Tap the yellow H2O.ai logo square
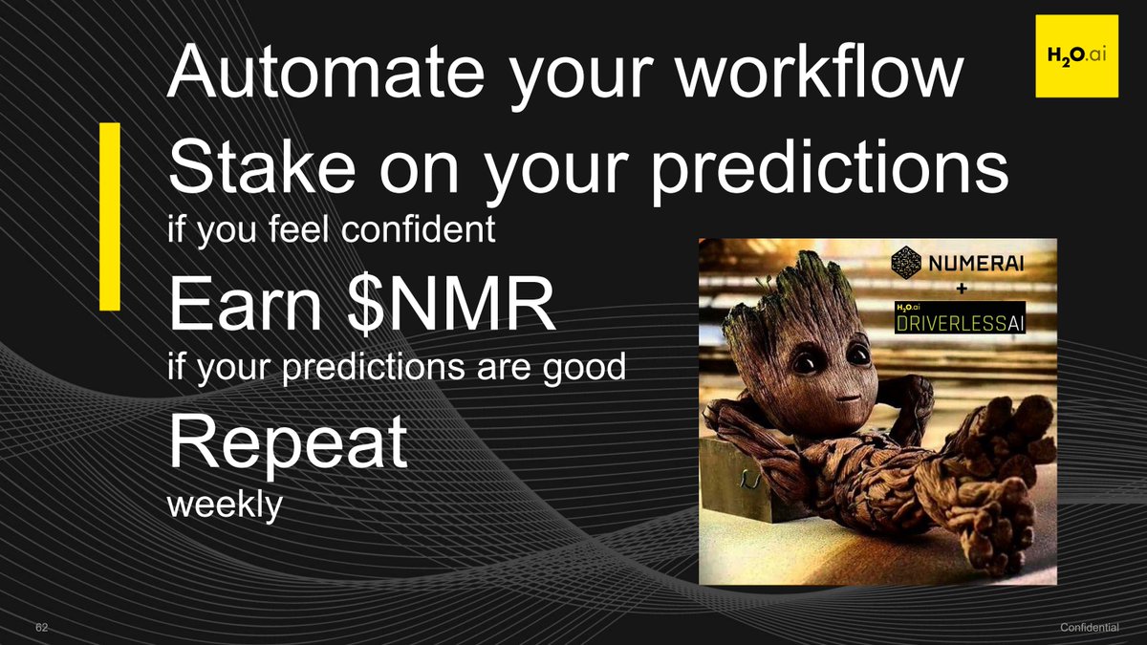[x=1077, y=55]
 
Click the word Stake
[x=262, y=167]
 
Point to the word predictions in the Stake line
[x=830, y=171]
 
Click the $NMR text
[x=450, y=304]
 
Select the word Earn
[x=246, y=305]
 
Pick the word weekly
[x=225, y=505]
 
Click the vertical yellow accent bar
[x=110, y=216]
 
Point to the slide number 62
[x=41, y=628]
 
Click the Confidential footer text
[x=1090, y=628]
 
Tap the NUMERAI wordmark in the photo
[x=976, y=264]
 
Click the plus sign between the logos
[x=963, y=290]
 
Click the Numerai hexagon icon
[x=906, y=262]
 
